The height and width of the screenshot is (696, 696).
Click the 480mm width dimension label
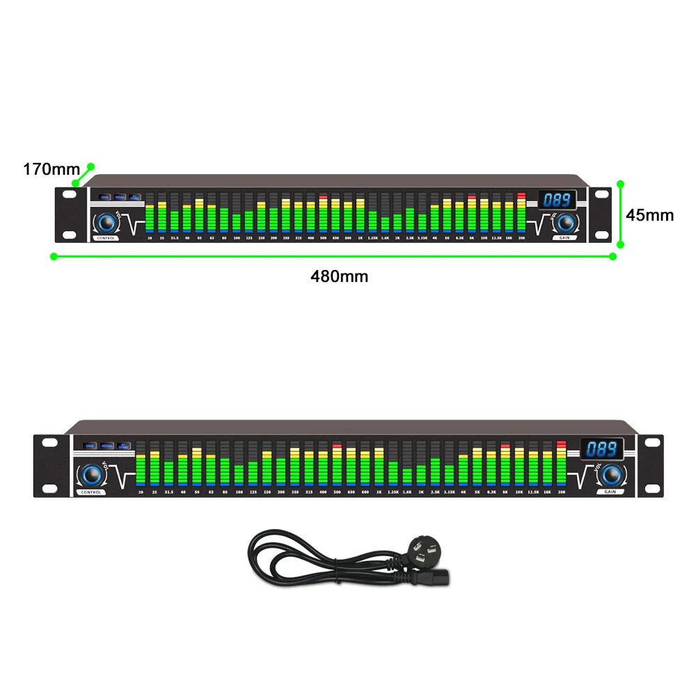[x=339, y=276]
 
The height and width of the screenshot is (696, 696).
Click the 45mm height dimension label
[x=649, y=215]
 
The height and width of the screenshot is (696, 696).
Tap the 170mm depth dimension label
[x=52, y=169]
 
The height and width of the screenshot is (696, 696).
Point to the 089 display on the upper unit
[x=557, y=200]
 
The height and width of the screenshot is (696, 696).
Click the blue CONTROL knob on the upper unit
[x=106, y=223]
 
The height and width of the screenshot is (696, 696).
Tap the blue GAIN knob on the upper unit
[x=567, y=222]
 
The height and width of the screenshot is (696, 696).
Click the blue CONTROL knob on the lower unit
[x=90, y=475]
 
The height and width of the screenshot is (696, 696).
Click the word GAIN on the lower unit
[x=610, y=492]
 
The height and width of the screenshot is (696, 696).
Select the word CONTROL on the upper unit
[x=106, y=239]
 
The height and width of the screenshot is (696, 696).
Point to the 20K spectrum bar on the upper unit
[x=521, y=213]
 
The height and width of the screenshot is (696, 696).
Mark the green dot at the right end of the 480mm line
[x=613, y=256]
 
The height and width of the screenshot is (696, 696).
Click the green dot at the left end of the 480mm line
[x=53, y=256]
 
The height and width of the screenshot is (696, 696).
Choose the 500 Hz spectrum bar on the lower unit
[x=337, y=465]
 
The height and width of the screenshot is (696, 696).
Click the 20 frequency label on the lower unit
[x=141, y=492]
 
